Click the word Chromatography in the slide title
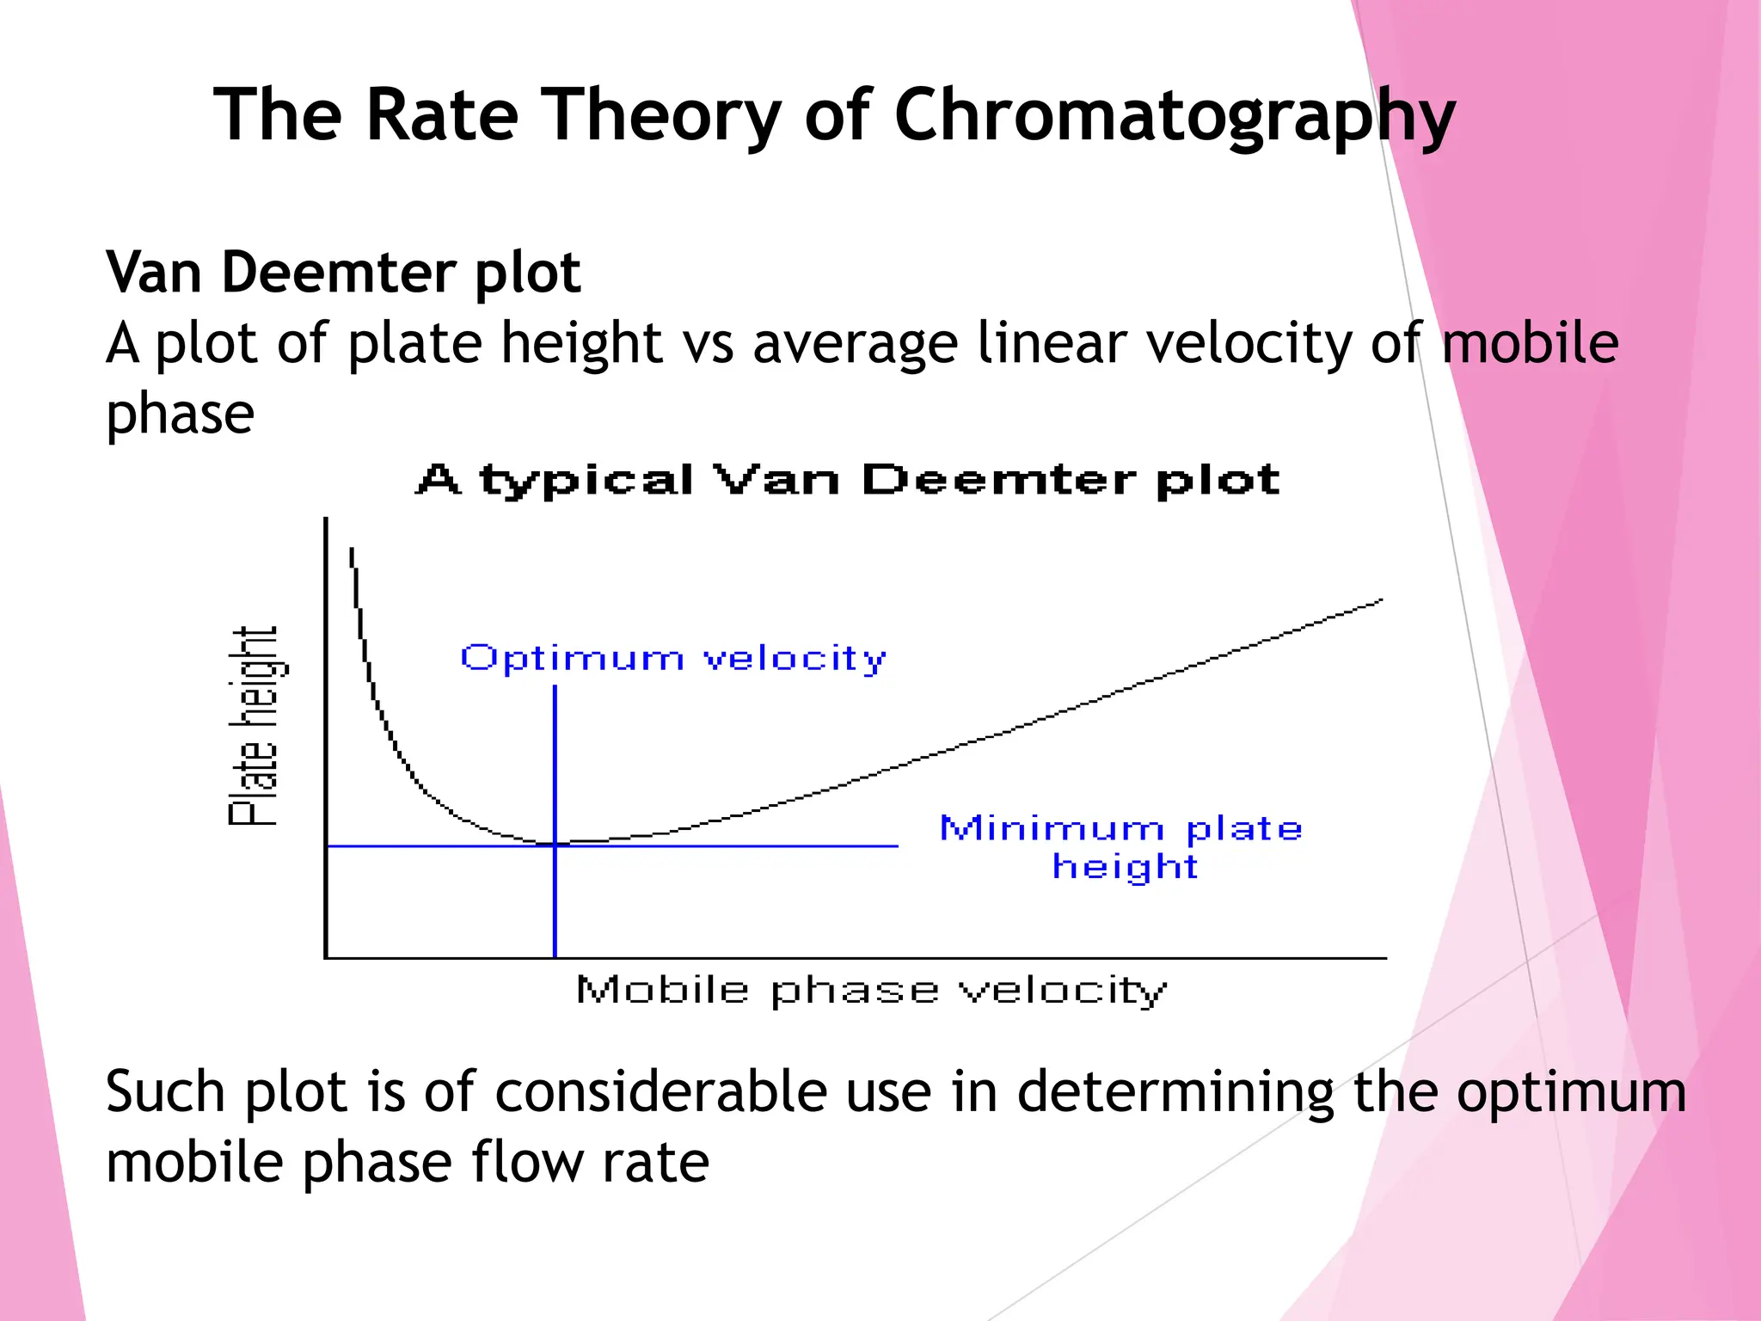click(x=1174, y=116)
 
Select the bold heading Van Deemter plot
click(x=343, y=273)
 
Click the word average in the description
click(x=856, y=343)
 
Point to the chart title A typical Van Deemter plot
click(x=848, y=480)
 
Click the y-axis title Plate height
click(x=253, y=727)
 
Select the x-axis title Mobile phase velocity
click(x=871, y=991)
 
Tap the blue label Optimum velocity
click(x=673, y=659)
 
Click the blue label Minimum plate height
click(x=1121, y=847)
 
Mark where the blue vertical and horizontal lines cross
click(x=555, y=846)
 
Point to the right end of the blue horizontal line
click(x=897, y=846)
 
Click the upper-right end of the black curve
click(x=1381, y=600)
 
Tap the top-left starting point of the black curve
click(x=351, y=549)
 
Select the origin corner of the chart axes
click(x=326, y=957)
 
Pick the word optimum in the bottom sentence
click(x=1571, y=1091)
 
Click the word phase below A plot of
click(x=180, y=414)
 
